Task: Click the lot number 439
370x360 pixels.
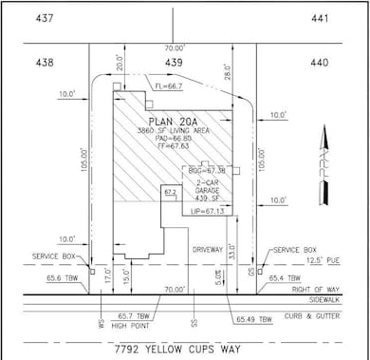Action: [x=173, y=62]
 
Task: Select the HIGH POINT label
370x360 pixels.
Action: [x=132, y=323]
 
